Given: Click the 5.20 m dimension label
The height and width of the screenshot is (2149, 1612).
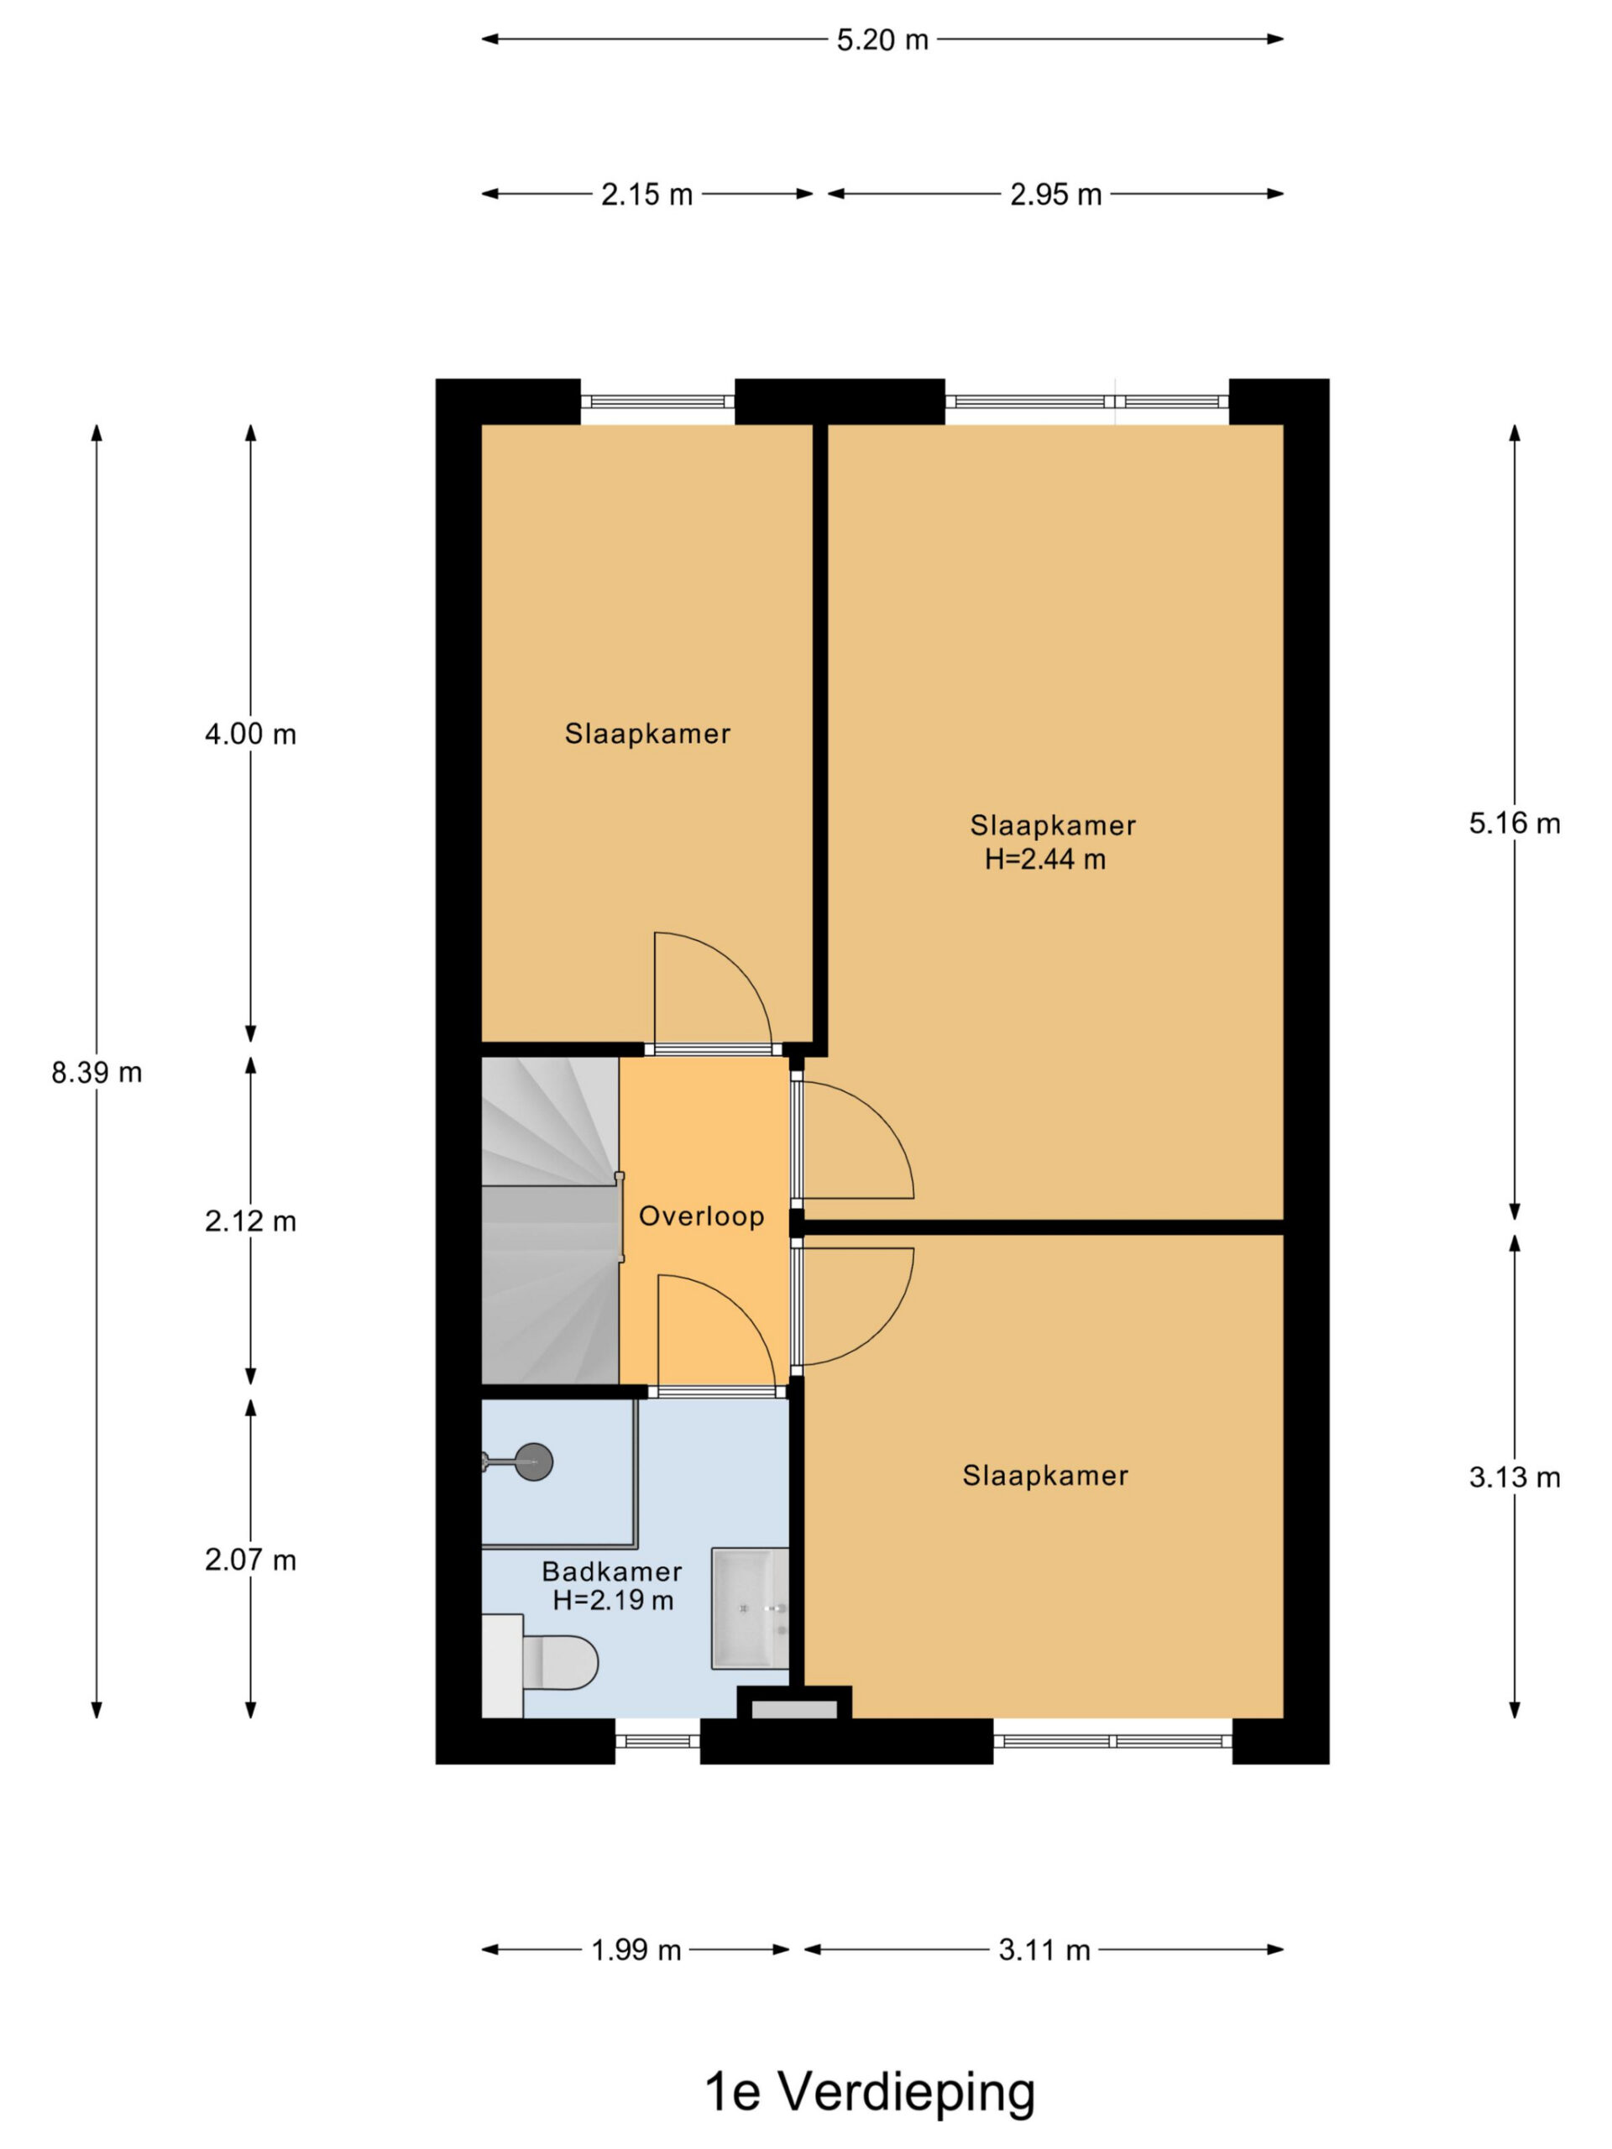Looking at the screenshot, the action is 882,39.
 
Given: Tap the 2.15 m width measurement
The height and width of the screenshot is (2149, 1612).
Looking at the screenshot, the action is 646,194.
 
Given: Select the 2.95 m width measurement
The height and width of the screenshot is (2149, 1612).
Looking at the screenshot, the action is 1055,194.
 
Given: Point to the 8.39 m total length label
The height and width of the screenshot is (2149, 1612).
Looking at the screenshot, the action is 97,1073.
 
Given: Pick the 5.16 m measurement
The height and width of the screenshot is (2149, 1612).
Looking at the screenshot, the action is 1514,823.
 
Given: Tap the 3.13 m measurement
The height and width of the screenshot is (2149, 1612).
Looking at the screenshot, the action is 1514,1477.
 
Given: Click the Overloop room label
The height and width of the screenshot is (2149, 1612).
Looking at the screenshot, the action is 702,1216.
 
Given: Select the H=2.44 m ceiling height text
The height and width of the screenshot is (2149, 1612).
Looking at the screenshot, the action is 1044,859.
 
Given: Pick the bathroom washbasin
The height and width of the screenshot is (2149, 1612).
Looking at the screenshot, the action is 749,1609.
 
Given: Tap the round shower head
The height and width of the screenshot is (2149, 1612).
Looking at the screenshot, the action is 533,1462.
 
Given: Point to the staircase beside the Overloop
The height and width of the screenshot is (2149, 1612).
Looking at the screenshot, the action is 550,1221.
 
